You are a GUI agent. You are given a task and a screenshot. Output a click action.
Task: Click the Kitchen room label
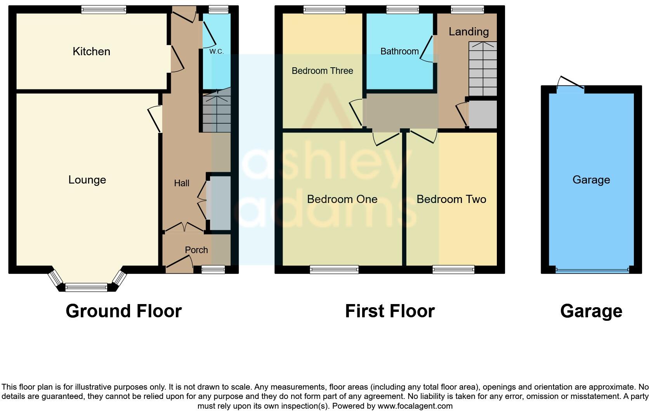click(x=91, y=51)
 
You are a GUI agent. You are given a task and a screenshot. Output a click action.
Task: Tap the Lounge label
click(x=87, y=180)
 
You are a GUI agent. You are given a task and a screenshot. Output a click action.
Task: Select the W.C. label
click(x=216, y=51)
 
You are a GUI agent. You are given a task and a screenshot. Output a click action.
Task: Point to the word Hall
click(x=181, y=183)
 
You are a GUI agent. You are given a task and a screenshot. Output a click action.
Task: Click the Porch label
click(x=196, y=250)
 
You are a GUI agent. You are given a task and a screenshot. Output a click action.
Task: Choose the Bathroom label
click(x=399, y=51)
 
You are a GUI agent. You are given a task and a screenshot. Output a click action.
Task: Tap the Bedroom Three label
click(x=322, y=71)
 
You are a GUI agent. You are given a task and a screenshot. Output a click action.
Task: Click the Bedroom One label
click(x=342, y=199)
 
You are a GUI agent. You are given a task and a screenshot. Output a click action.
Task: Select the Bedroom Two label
click(x=451, y=199)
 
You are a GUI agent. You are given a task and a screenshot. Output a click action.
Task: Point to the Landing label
click(x=468, y=31)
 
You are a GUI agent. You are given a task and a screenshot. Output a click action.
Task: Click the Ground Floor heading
click(x=123, y=311)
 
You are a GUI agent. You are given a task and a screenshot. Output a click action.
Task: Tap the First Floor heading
click(x=390, y=311)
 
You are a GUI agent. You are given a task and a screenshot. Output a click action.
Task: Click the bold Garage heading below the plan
click(x=591, y=311)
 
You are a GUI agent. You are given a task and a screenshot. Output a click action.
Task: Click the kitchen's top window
click(x=104, y=10)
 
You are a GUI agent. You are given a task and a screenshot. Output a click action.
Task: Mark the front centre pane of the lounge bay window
click(x=86, y=288)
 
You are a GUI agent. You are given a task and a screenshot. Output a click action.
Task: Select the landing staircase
click(x=482, y=69)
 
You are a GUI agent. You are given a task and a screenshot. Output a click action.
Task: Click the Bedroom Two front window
click(x=453, y=269)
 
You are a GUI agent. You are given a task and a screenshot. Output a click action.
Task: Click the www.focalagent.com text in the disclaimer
click(x=415, y=406)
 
